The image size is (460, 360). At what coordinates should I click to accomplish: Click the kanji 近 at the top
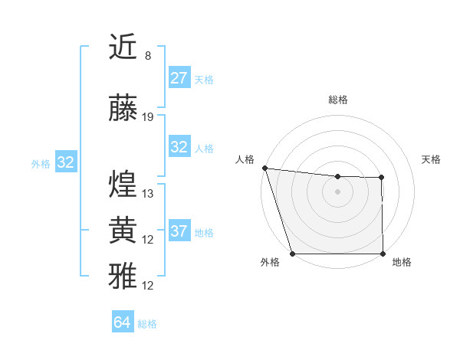click(123, 47)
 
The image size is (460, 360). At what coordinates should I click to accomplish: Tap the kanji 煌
click(123, 184)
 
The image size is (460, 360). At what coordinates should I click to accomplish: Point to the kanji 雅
click(123, 276)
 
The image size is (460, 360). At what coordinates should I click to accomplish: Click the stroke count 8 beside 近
click(147, 56)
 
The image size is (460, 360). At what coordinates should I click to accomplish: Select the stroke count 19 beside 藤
click(148, 117)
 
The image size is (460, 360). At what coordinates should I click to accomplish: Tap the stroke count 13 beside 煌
click(148, 194)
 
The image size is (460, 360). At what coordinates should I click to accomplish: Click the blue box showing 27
click(179, 78)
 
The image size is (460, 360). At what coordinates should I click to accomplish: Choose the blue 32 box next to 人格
click(179, 147)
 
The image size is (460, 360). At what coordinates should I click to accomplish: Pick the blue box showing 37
click(179, 231)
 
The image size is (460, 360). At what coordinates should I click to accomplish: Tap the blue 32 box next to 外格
click(66, 162)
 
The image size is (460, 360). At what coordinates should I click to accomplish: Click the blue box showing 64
click(123, 322)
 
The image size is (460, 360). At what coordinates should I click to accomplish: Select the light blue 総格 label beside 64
click(147, 324)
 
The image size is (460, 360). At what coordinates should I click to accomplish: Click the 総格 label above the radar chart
click(337, 100)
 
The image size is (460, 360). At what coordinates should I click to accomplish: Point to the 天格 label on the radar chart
click(432, 159)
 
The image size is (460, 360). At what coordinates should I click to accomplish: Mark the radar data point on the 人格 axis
click(264, 168)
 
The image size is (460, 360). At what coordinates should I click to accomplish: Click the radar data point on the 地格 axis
click(383, 254)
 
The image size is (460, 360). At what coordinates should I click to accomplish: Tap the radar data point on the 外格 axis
click(293, 254)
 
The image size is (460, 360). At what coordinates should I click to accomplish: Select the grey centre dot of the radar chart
click(337, 191)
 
